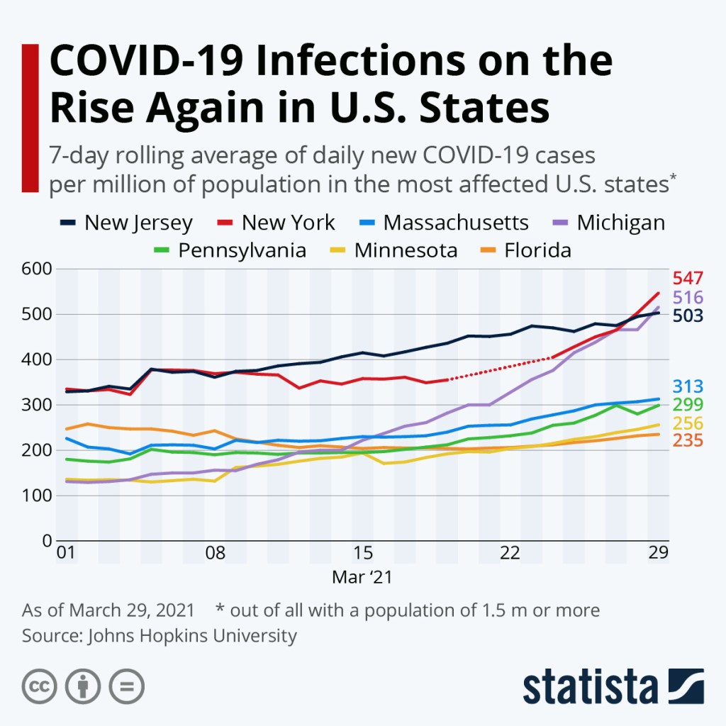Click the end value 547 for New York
[688, 278]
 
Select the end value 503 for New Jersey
[688, 316]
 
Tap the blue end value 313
[688, 387]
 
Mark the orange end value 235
[688, 441]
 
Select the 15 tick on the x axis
[362, 553]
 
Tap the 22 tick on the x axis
[510, 553]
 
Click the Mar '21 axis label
[362, 577]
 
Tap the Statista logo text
[590, 687]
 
